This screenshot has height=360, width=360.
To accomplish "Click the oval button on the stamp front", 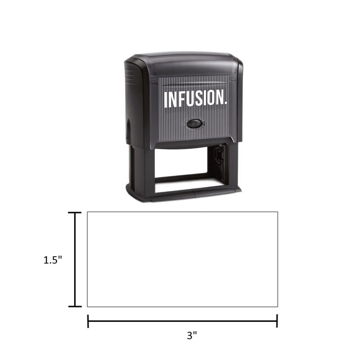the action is click(195, 124).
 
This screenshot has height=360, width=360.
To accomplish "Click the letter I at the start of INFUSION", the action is click(166, 100).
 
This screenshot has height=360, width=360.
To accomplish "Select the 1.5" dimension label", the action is click(53, 260).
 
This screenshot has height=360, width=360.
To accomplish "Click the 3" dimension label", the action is click(192, 335).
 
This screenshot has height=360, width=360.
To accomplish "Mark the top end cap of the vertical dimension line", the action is click(75, 213).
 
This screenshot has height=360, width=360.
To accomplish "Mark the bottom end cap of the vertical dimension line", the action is click(75, 306).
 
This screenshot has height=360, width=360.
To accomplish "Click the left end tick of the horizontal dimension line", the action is click(88, 321).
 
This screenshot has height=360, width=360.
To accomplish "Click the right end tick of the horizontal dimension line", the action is click(277, 321).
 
